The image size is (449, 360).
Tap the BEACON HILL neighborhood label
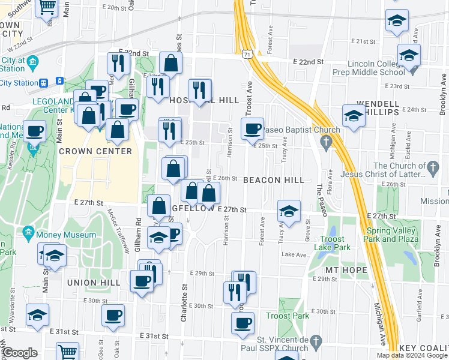274,180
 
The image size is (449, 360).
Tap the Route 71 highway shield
247,55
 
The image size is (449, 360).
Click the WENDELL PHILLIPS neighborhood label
378,108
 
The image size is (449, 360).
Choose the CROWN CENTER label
95,151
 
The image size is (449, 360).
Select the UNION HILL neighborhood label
90,282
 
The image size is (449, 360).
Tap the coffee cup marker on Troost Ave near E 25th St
253,127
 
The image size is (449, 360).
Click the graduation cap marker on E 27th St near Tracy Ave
289,211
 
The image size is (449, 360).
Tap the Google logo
19,353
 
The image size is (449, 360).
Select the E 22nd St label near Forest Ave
308,62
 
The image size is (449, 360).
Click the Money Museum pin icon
28,232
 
